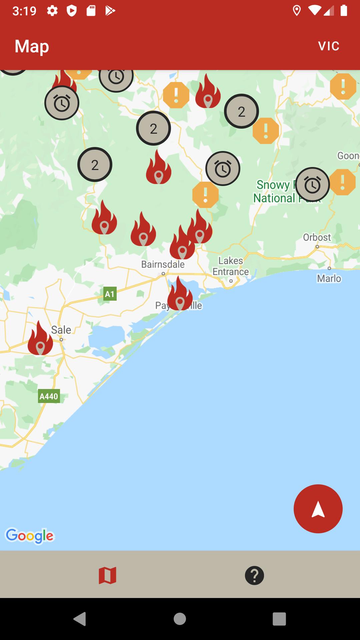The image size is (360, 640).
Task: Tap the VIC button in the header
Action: [x=329, y=46]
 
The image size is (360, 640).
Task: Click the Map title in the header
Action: [x=32, y=46]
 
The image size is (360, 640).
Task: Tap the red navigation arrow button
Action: [x=318, y=509]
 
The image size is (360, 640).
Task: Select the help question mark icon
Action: [x=254, y=576]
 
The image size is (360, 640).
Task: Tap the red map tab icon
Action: [x=107, y=576]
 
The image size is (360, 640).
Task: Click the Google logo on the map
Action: [x=30, y=536]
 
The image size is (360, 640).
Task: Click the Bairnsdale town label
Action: [x=163, y=264]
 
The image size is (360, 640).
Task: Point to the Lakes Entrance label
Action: [x=231, y=266]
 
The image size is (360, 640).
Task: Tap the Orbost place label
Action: [x=317, y=237]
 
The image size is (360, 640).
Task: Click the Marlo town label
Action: [x=329, y=278]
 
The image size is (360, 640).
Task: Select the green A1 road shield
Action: [x=110, y=294]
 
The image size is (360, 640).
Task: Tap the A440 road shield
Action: [x=49, y=396]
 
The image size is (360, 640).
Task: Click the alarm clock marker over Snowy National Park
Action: [x=312, y=185]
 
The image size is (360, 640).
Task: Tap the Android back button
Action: [x=80, y=619]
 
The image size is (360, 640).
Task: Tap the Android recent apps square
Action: [x=279, y=619]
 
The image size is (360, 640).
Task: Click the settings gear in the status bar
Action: [x=52, y=11]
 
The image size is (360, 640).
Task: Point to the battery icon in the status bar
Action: [x=344, y=11]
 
